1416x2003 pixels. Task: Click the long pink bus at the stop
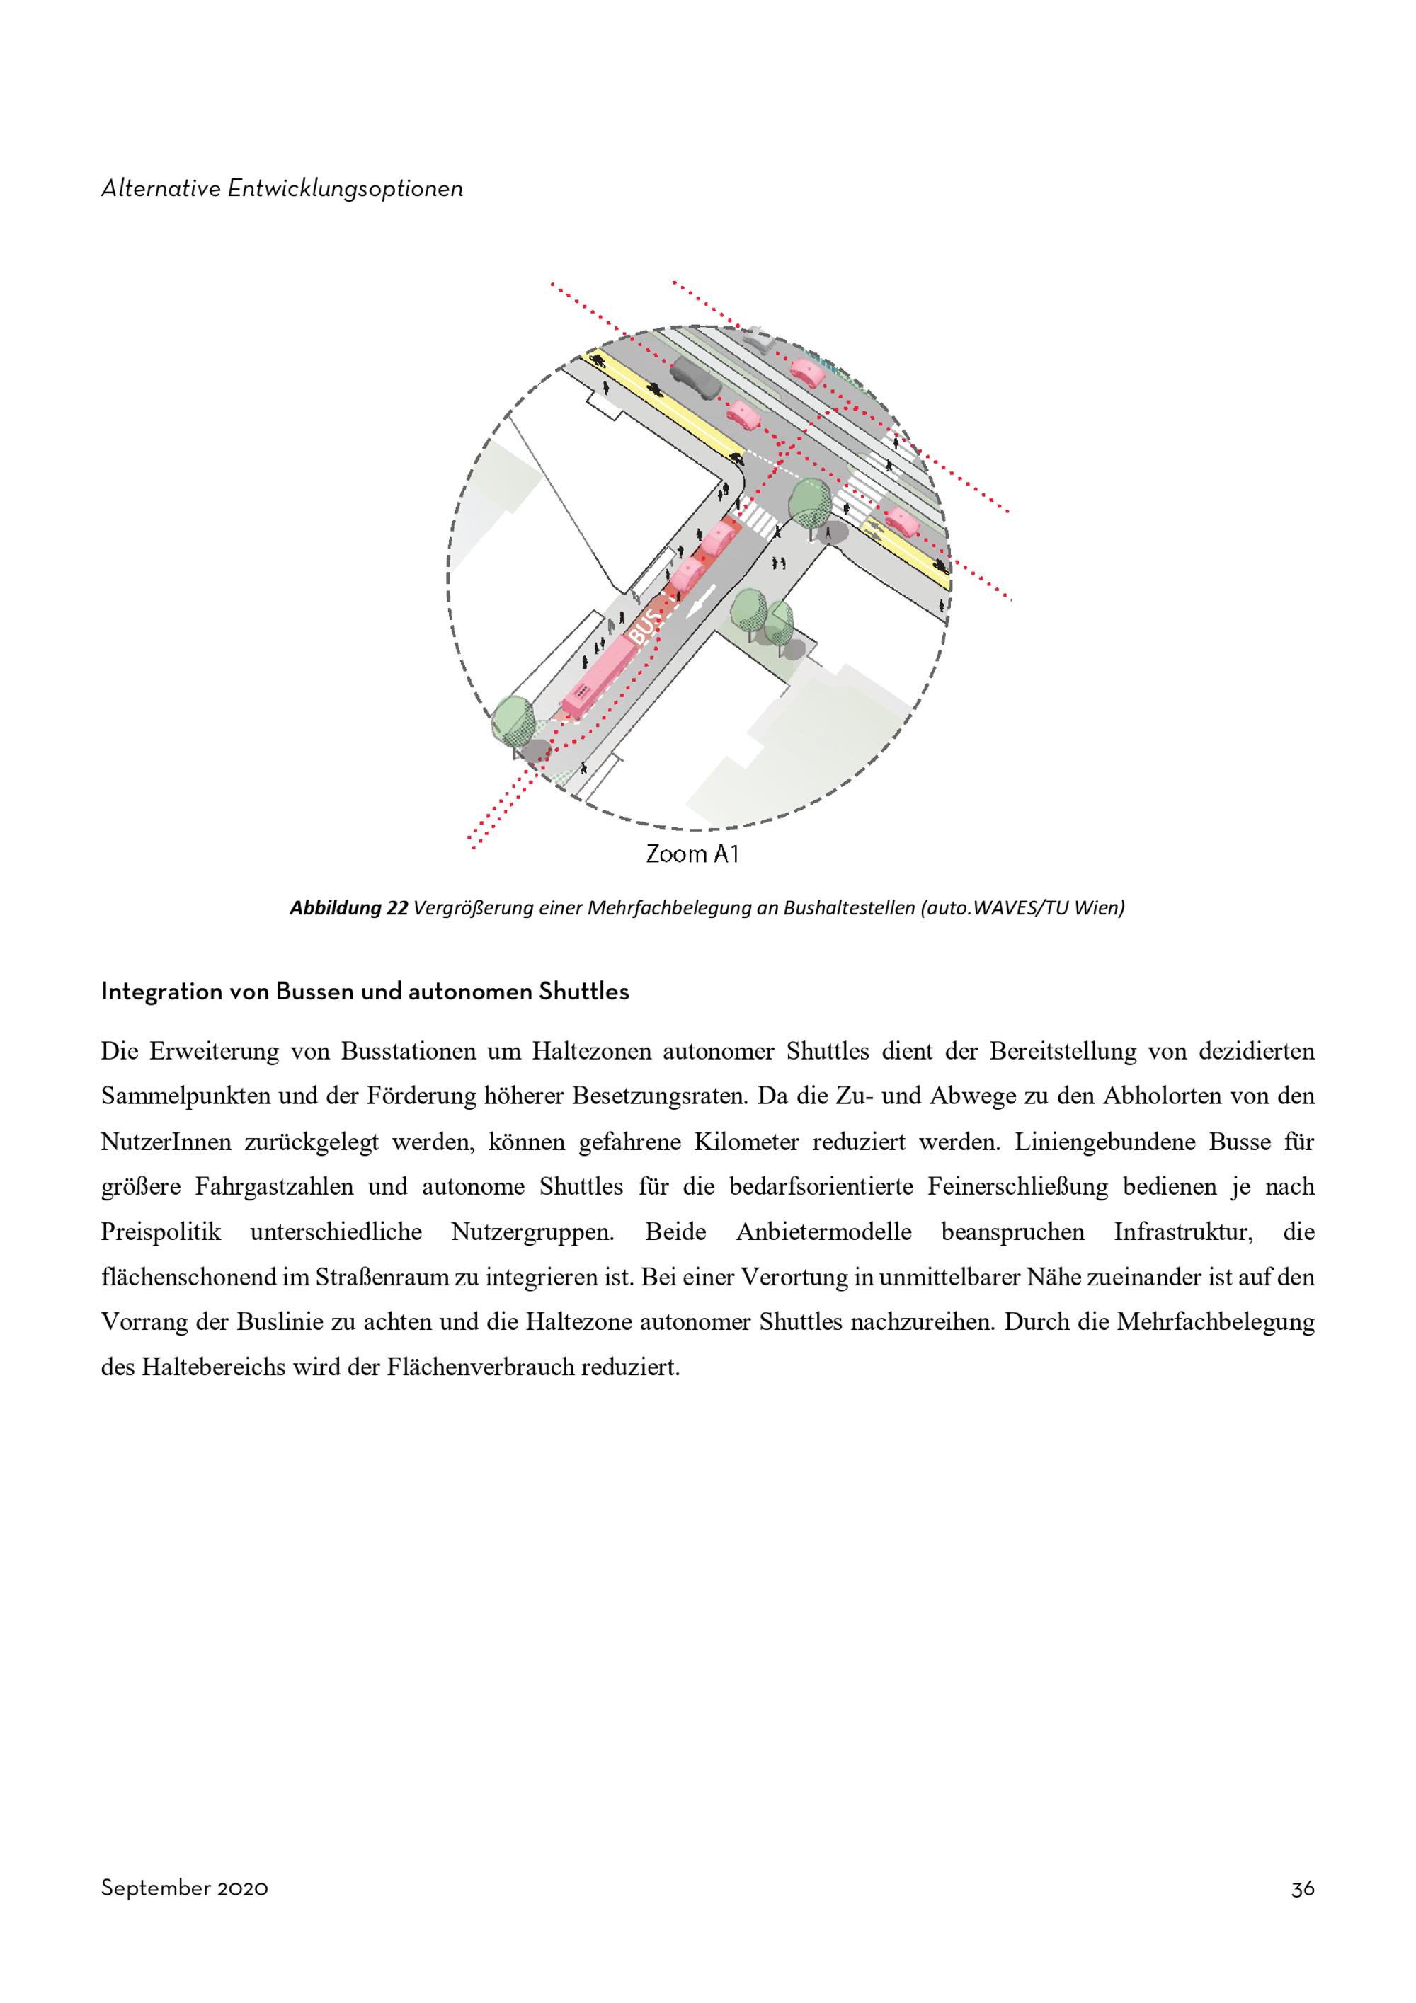pos(600,675)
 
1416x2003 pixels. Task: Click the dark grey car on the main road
pos(695,379)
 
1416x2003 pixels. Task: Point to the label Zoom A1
pos(692,854)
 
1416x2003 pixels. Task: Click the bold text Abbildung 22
pos(348,908)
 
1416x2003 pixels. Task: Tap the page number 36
pos(1303,1889)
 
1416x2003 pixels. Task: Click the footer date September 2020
pos(184,1889)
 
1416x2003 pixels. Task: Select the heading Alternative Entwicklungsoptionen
pos(282,188)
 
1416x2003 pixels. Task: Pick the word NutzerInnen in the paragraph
pos(166,1142)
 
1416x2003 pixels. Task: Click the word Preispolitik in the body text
pos(161,1233)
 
